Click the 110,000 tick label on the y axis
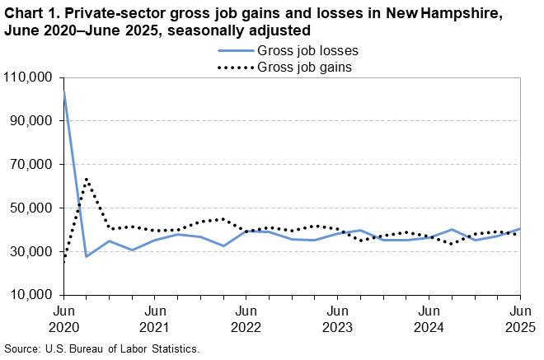[x=30, y=77]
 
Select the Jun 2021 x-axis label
[x=155, y=319]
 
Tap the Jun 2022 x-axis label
[x=246, y=319]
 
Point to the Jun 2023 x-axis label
[x=337, y=319]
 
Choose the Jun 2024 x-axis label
[x=429, y=319]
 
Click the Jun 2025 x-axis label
[x=519, y=319]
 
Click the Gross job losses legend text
[x=307, y=50]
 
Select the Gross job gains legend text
[x=306, y=67]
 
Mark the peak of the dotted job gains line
[x=87, y=179]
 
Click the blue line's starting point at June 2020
[x=64, y=94]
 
